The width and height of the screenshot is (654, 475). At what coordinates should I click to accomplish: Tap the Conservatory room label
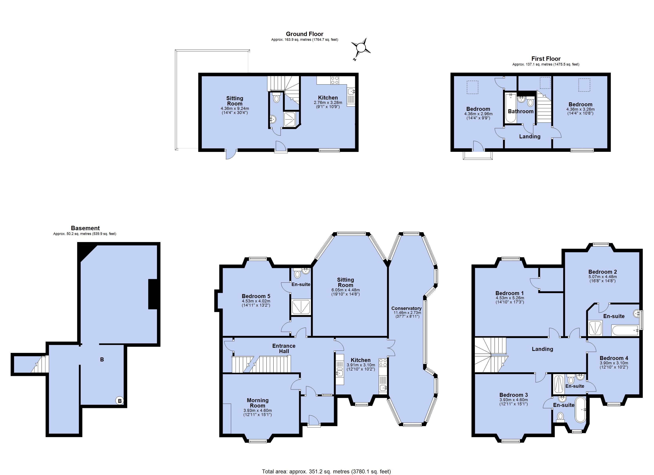point(406,308)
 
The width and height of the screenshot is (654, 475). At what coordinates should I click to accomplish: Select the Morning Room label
point(257,403)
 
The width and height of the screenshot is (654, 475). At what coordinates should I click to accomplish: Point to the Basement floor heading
point(85,228)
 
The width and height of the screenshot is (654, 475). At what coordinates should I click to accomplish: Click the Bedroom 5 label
point(256,296)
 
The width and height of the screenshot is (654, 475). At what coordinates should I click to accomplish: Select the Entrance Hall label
point(284,349)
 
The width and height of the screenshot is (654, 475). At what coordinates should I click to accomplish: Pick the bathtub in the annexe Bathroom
point(510,107)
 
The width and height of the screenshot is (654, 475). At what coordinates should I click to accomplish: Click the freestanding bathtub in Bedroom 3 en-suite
point(580,410)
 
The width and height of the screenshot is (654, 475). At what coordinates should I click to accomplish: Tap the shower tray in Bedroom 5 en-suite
point(301,307)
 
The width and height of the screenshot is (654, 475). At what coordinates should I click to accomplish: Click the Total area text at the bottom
point(326,472)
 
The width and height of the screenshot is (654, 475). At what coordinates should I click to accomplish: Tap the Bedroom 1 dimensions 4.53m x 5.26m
point(510,298)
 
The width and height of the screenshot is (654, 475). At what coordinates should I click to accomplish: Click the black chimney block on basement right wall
point(153,294)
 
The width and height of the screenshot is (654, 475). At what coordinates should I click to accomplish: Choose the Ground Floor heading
point(305,34)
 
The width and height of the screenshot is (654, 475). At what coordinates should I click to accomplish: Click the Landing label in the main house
point(542,349)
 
